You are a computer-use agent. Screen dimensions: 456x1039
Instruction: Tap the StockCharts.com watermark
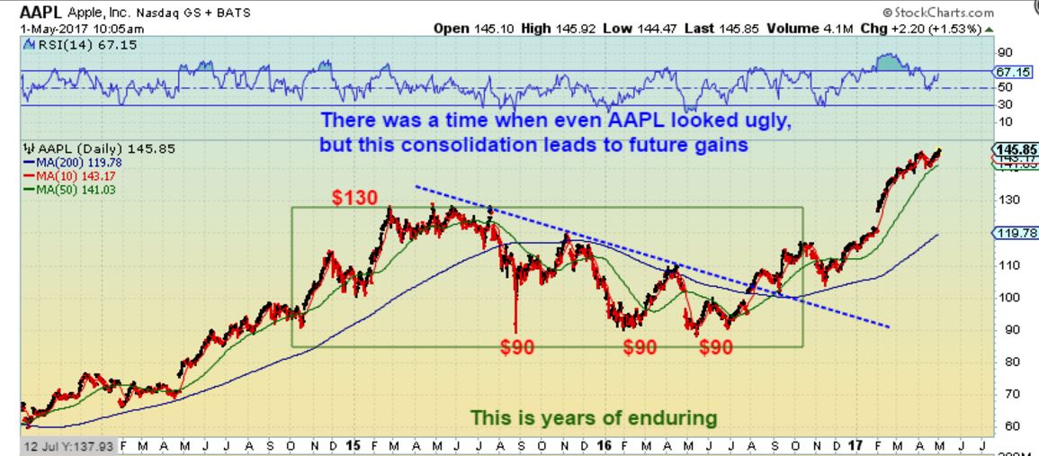[x=945, y=13]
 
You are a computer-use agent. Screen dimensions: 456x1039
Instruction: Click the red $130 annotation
[x=353, y=197]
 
